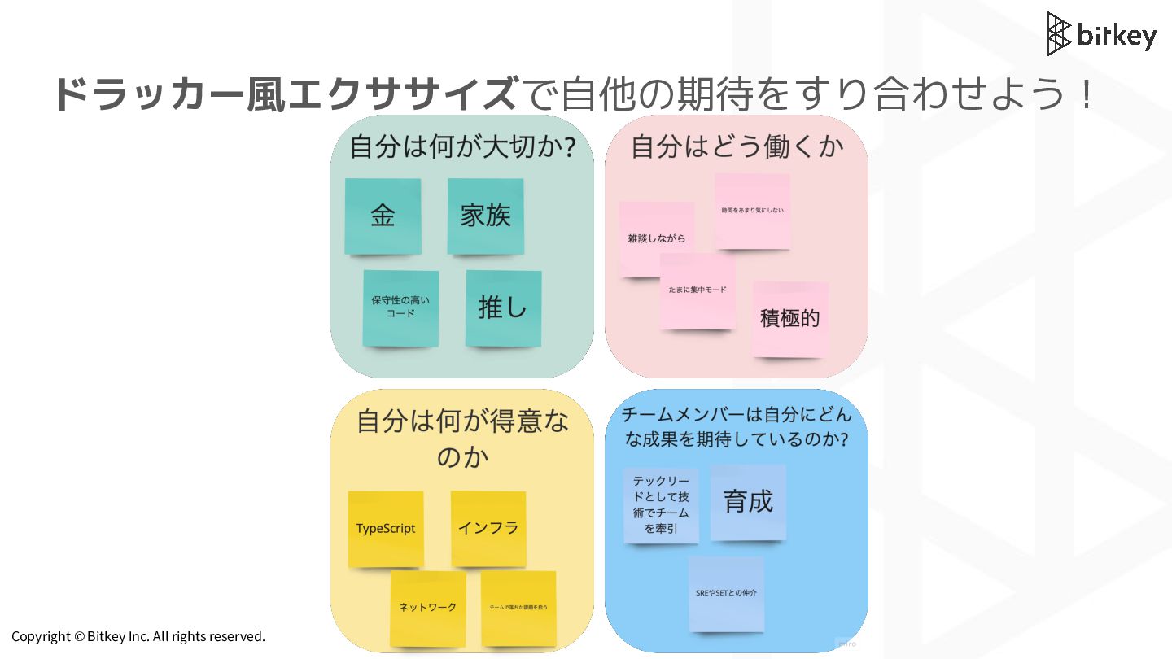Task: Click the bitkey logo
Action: click(x=1101, y=34)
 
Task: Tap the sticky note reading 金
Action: click(x=383, y=216)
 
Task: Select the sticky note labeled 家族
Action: click(x=485, y=216)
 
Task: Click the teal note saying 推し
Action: click(x=503, y=308)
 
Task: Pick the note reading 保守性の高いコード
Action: click(x=400, y=308)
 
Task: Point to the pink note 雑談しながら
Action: click(x=656, y=238)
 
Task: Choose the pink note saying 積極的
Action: click(x=789, y=318)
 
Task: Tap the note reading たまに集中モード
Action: click(x=698, y=290)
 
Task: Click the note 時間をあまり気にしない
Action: click(x=752, y=211)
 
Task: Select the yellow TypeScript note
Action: click(x=386, y=529)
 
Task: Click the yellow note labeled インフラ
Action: click(x=488, y=528)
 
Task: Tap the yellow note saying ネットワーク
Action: click(x=427, y=608)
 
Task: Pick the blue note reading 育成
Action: click(x=748, y=502)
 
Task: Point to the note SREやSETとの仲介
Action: click(x=726, y=594)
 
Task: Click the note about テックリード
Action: click(x=661, y=505)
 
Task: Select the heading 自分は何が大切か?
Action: click(x=462, y=147)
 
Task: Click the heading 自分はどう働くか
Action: click(x=737, y=146)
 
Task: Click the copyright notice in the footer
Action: click(x=138, y=636)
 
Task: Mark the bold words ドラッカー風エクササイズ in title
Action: click(x=285, y=94)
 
